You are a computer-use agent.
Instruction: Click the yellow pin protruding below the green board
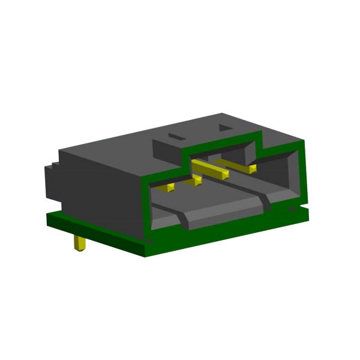click(x=79, y=244)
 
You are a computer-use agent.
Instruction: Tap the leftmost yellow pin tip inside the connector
click(x=169, y=188)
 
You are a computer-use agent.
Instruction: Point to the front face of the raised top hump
click(x=168, y=153)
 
